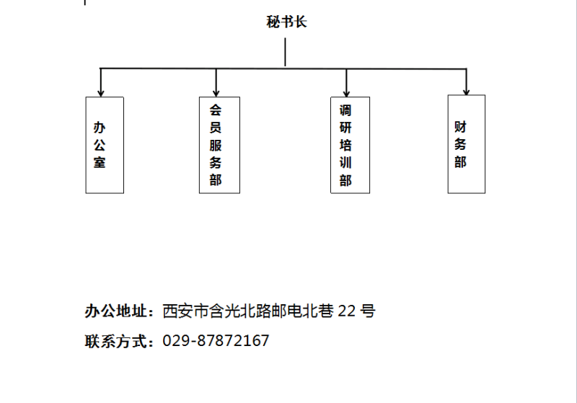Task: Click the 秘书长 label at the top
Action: click(286, 22)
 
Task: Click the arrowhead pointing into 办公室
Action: click(101, 94)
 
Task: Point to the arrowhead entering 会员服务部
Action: click(216, 94)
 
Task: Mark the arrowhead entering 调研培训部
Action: click(346, 94)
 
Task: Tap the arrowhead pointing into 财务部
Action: click(466, 92)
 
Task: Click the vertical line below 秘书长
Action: click(285, 52)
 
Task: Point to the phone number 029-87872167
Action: click(216, 340)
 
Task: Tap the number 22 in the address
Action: click(347, 311)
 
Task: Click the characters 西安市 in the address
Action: click(185, 311)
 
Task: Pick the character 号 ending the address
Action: click(368, 311)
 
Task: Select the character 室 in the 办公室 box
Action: click(100, 162)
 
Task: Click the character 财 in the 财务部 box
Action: click(460, 127)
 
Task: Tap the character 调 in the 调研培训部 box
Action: click(345, 110)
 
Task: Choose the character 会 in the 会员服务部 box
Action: click(216, 110)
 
